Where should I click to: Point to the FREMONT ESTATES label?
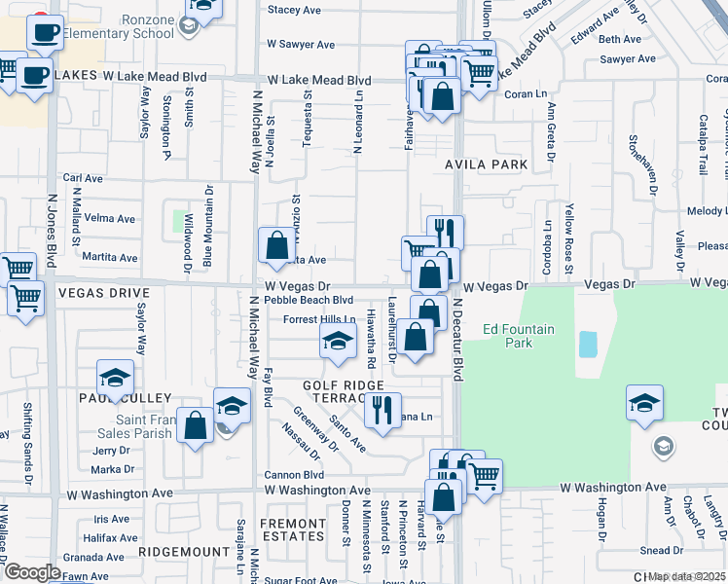click(292, 529)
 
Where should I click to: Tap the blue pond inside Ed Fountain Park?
click(588, 344)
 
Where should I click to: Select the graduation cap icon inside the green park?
click(644, 402)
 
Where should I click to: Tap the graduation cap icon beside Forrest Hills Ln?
click(337, 340)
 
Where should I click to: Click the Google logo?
click(31, 572)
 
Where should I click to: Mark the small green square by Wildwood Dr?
click(180, 221)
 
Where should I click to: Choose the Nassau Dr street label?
click(301, 441)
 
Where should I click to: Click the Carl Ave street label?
click(83, 178)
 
